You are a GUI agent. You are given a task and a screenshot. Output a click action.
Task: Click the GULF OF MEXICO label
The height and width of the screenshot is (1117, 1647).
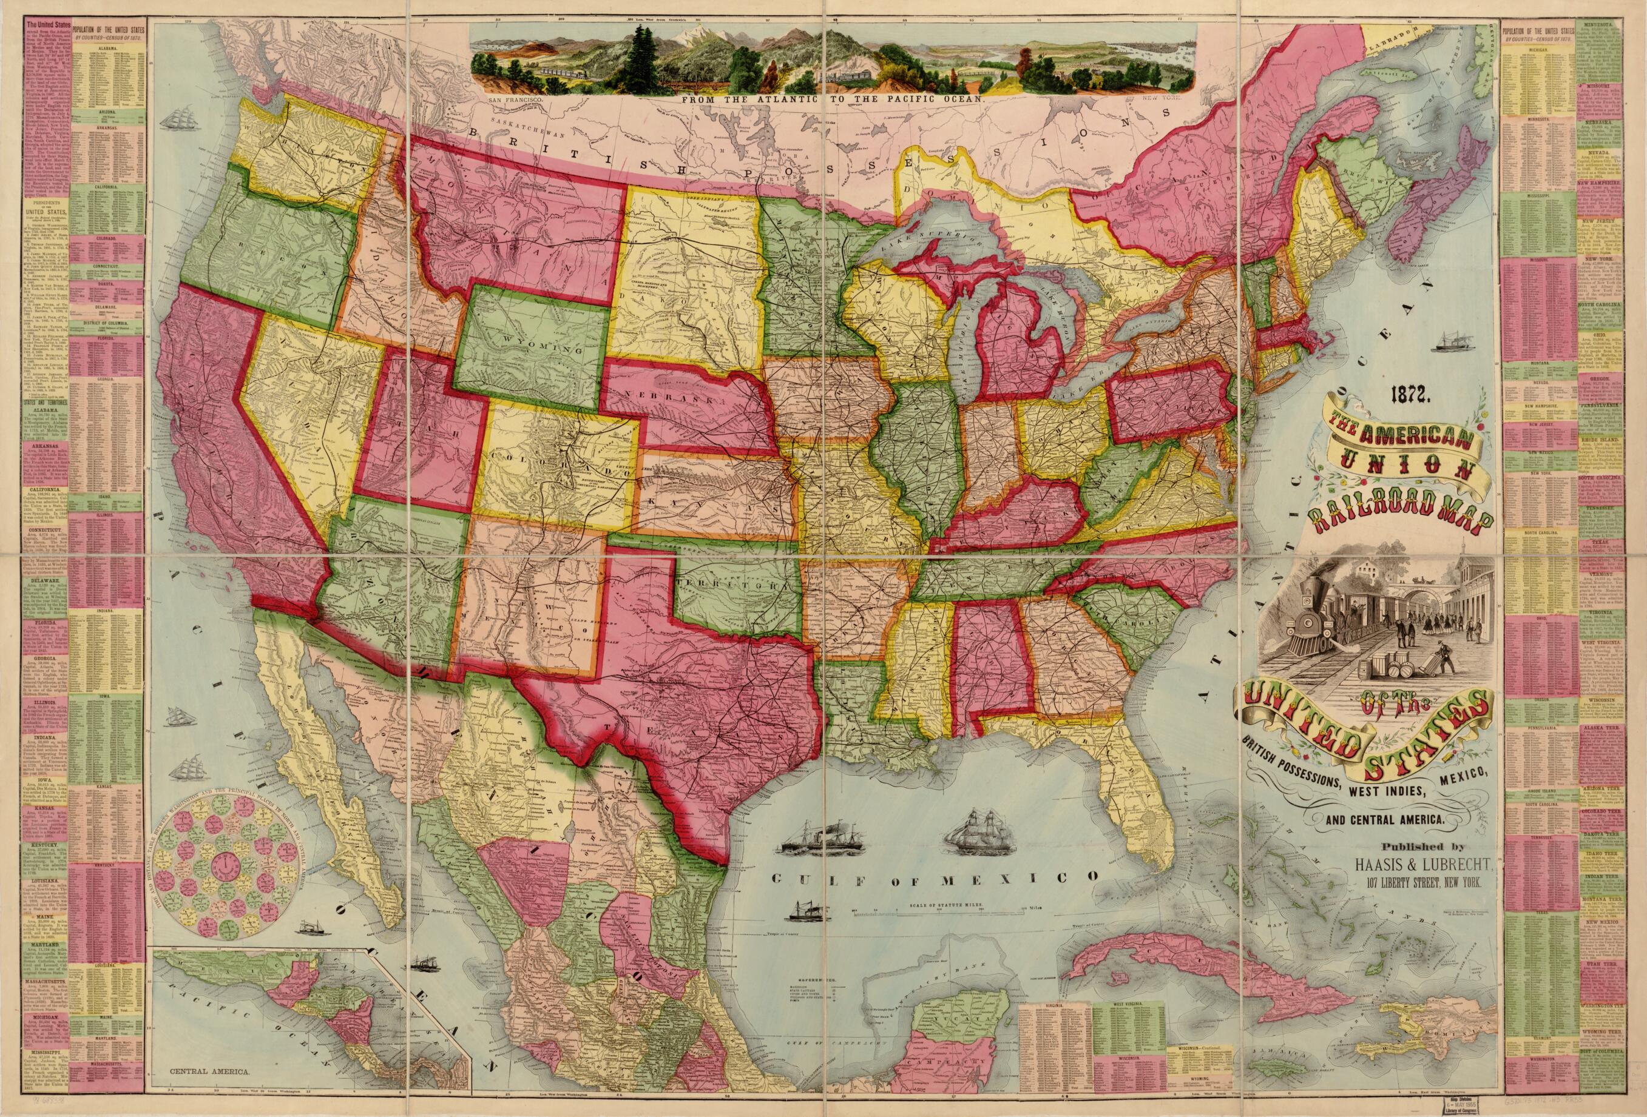[x=934, y=878]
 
